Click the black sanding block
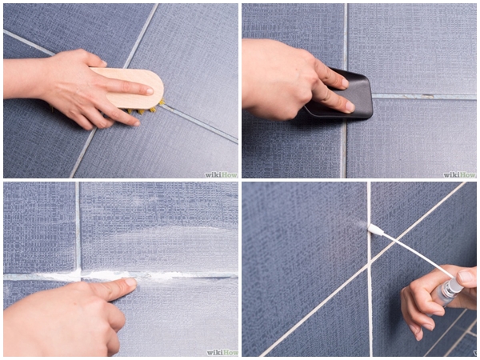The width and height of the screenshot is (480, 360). pyautogui.click(x=343, y=95)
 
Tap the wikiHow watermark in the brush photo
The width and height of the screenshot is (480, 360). pyautogui.click(x=221, y=174)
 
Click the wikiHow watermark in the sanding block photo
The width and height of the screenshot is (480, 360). pyautogui.click(x=459, y=174)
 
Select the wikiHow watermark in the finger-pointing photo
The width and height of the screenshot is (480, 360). pyautogui.click(x=222, y=352)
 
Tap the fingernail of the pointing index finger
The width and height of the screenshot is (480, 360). pyautogui.click(x=130, y=282)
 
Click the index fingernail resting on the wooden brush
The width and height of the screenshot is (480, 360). pyautogui.click(x=149, y=91)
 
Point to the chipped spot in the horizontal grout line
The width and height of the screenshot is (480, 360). pyautogui.click(x=427, y=97)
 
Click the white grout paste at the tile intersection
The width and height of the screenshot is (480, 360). pyautogui.click(x=80, y=274)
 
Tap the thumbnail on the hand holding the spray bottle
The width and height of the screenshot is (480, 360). pyautogui.click(x=466, y=277)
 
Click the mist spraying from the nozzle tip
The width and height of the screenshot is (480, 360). pyautogui.click(x=360, y=225)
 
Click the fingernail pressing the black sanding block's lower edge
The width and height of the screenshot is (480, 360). pyautogui.click(x=350, y=106)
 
